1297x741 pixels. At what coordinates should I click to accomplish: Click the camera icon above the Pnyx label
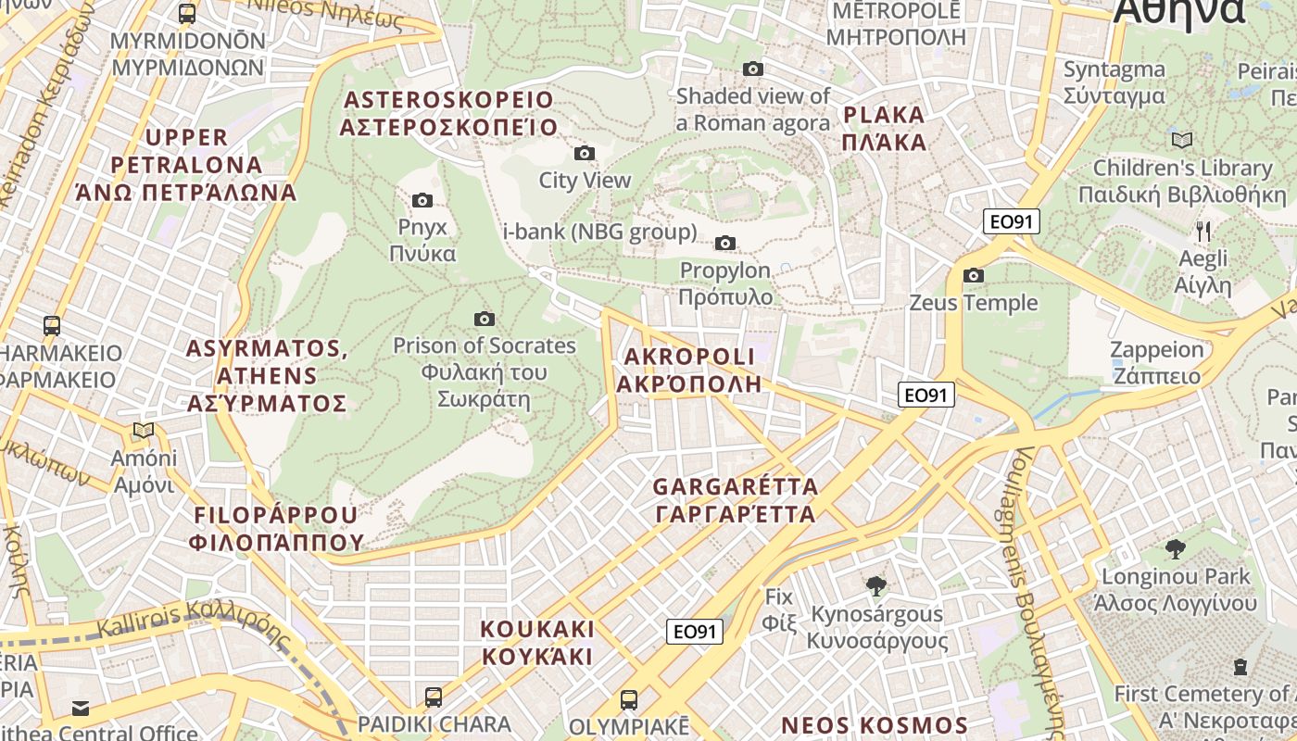tap(422, 200)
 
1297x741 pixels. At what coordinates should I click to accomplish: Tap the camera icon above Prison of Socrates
tap(484, 319)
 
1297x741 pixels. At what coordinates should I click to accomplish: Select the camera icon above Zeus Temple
tap(973, 275)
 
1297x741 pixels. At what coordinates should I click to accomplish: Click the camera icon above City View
tap(584, 153)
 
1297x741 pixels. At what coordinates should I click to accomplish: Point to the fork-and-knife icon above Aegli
tap(1203, 231)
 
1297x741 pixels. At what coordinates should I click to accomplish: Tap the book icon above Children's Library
tap(1181, 140)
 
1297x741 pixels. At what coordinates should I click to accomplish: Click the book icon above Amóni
tap(143, 430)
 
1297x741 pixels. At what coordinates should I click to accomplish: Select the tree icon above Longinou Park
tap(1175, 548)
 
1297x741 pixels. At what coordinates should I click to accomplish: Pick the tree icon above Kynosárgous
tap(875, 585)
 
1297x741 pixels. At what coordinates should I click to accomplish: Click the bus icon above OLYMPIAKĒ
tap(629, 698)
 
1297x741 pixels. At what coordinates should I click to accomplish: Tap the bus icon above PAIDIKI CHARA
tap(433, 697)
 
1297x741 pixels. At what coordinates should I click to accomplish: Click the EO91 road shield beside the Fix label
tap(694, 632)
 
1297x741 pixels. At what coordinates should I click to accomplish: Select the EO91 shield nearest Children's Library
tap(1012, 221)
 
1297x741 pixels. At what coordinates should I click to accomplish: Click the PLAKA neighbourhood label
tap(884, 129)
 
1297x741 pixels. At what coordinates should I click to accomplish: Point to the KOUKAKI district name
tap(536, 643)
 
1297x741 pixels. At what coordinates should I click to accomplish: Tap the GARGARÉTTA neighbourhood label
tap(735, 500)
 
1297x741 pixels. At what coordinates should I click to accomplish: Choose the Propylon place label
tap(725, 283)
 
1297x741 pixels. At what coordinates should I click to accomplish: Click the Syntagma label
tap(1114, 82)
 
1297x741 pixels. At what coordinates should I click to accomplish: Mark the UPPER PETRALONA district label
tap(186, 165)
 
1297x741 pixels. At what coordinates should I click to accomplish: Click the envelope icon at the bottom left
tap(81, 709)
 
